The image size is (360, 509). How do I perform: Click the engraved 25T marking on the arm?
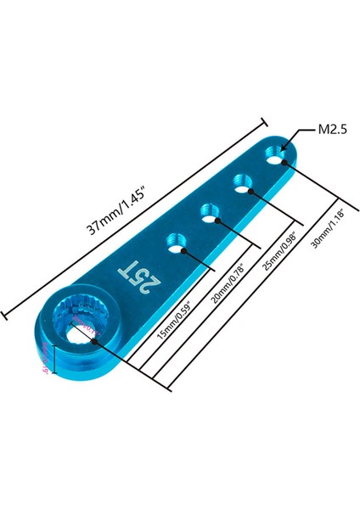pos(134,274)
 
